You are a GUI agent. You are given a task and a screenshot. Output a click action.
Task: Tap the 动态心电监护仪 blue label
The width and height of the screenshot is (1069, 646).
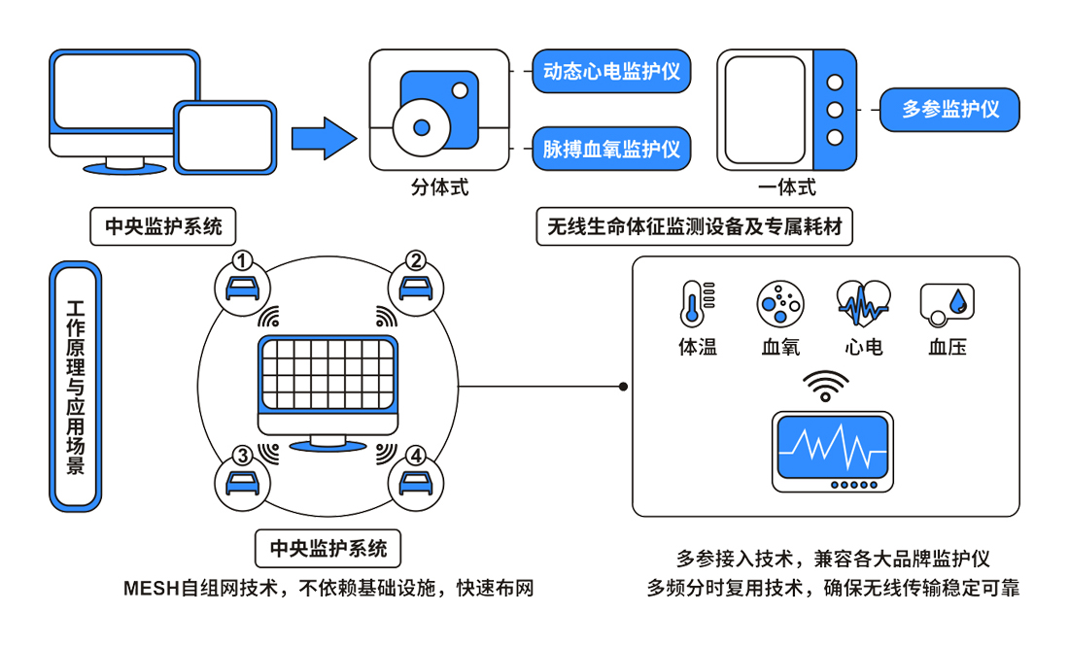click(x=611, y=72)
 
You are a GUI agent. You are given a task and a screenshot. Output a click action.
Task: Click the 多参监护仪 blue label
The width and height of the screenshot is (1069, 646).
click(x=950, y=110)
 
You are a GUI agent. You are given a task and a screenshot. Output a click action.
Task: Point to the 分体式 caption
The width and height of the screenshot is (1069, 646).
click(x=439, y=187)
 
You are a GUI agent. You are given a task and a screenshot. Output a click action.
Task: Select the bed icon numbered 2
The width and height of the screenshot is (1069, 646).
click(x=415, y=288)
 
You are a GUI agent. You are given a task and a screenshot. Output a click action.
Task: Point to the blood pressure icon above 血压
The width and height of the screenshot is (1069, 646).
click(x=948, y=304)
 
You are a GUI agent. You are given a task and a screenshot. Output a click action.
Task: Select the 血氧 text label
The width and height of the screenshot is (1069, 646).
click(x=780, y=347)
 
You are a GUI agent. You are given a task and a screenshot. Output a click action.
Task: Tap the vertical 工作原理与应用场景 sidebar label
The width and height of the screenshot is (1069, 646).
click(x=75, y=386)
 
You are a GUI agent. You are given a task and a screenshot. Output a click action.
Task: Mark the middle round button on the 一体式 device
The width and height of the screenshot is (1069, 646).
click(x=834, y=110)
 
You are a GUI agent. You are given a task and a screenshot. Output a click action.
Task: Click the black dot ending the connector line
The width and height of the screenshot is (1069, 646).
click(x=623, y=387)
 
